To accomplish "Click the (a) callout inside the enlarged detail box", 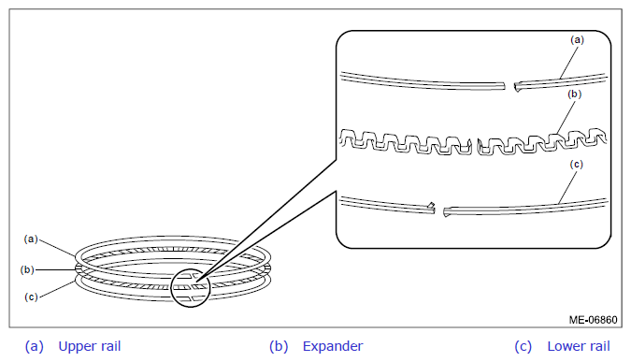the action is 577,40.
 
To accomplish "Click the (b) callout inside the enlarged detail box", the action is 574,94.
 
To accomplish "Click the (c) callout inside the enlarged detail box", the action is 576,165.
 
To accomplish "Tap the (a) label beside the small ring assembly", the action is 31,239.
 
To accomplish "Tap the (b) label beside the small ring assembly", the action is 27,269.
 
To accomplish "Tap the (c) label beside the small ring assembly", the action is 31,297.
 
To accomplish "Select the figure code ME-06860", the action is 593,320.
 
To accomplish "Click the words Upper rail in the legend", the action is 90,346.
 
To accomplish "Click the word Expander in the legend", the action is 333,346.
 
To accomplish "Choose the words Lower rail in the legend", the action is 579,346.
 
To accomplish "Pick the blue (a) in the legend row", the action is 35,347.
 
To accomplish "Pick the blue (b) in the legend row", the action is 279,347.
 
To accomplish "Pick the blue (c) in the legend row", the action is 523,347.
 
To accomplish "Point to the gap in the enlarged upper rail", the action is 509,86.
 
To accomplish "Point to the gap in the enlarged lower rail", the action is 439,210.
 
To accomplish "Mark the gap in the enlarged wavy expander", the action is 475,147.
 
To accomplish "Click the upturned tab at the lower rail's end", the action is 431,206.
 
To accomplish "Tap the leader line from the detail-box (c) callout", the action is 567,186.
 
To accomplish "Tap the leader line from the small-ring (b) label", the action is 55,269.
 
